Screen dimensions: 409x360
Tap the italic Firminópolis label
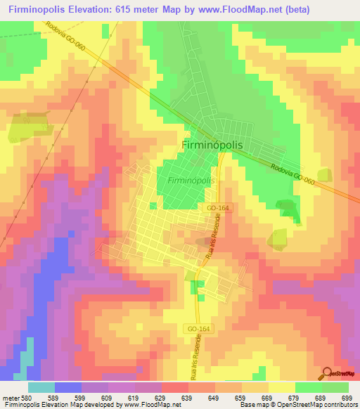click(x=191, y=181)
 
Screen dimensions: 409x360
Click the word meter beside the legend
click(x=10, y=397)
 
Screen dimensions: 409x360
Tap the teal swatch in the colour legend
click(x=41, y=387)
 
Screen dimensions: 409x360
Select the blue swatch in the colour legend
click(x=68, y=387)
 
